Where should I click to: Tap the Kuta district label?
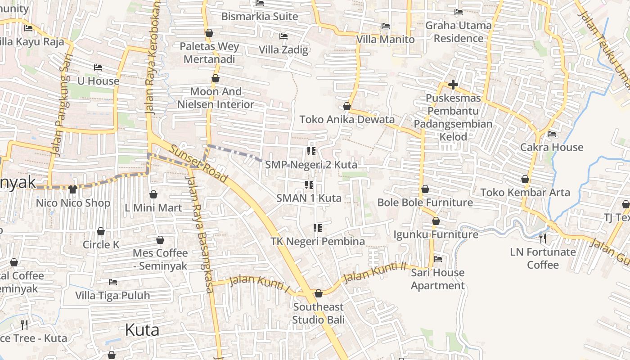tap(142, 330)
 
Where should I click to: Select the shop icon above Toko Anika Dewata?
tap(347, 106)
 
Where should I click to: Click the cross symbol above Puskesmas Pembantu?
tap(453, 85)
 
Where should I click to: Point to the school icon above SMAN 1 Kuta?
tap(309, 184)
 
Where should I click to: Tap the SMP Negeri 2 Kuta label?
tap(311, 165)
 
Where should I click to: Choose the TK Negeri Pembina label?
tap(318, 242)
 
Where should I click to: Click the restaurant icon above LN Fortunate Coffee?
tap(543, 238)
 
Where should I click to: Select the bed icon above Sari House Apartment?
tap(437, 259)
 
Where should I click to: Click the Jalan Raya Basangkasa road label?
tap(199, 234)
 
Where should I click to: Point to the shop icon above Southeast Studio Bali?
tap(319, 294)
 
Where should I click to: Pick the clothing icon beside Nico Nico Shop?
tap(73, 189)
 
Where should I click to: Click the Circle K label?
tap(101, 245)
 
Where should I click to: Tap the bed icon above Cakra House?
tap(552, 134)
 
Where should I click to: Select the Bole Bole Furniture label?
tap(425, 202)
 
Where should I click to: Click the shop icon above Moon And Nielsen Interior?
tap(216, 79)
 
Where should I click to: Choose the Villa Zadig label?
tap(283, 49)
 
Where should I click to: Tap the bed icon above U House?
tap(98, 68)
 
